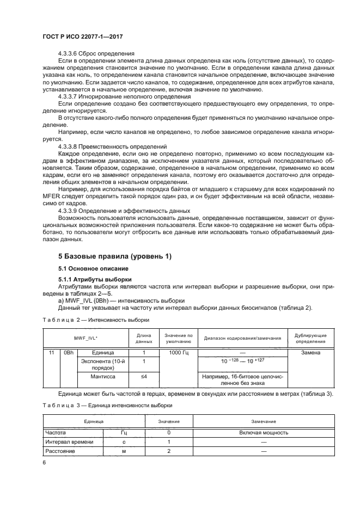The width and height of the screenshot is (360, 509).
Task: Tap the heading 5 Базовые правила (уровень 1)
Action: (x=111, y=255)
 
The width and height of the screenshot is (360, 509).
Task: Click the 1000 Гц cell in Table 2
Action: (x=178, y=353)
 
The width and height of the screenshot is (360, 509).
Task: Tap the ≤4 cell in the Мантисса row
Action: (x=144, y=376)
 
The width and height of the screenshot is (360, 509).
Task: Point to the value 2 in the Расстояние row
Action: (x=169, y=451)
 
